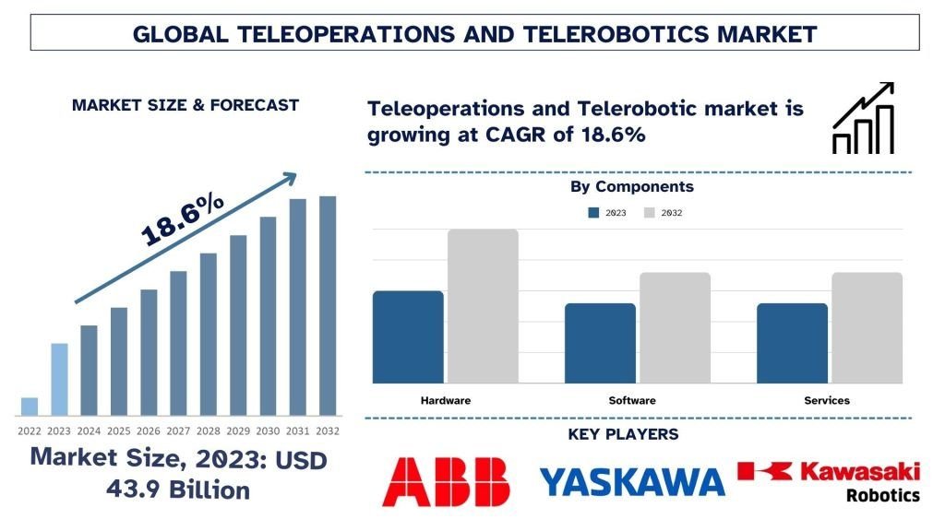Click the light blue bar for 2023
click(x=59, y=379)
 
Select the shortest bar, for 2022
click(x=30, y=407)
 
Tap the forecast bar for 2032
click(x=328, y=306)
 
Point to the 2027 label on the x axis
click(x=178, y=431)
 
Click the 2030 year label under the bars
click(x=268, y=431)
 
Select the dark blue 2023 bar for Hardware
click(x=408, y=337)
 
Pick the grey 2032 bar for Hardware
click(x=483, y=306)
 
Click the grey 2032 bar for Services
click(x=867, y=328)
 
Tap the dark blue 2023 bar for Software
click(x=600, y=343)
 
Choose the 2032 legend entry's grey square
click(x=649, y=213)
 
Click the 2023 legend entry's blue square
click(x=593, y=213)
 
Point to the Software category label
click(x=632, y=400)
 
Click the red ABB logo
click(x=446, y=481)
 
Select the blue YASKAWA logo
click(x=632, y=481)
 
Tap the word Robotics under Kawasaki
click(x=883, y=495)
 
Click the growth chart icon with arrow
click(x=863, y=118)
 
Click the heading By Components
click(x=632, y=186)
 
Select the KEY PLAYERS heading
click(x=623, y=434)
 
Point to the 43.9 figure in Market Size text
click(x=133, y=490)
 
